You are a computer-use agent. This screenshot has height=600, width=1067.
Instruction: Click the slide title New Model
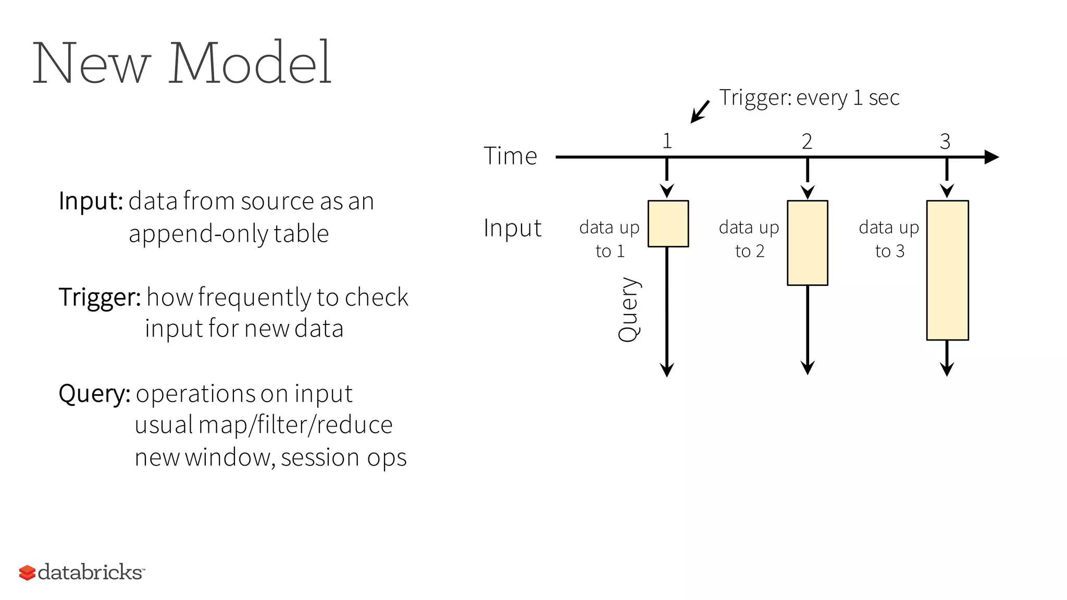coord(182,63)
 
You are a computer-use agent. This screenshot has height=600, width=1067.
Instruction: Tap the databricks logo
coord(82,572)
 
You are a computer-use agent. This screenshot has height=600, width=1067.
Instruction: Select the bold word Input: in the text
coord(91,201)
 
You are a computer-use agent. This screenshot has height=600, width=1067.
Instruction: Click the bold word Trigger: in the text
coord(100,297)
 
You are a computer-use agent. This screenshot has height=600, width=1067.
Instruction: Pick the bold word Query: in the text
coord(94,393)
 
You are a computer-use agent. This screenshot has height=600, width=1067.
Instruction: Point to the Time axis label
coord(510,156)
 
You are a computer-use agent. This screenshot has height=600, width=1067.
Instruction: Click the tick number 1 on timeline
coord(667,141)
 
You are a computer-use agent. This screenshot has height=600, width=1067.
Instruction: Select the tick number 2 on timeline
coord(807,141)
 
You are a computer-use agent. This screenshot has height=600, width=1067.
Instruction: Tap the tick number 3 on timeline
coord(945,141)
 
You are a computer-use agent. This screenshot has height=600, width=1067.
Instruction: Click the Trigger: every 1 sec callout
coord(809,97)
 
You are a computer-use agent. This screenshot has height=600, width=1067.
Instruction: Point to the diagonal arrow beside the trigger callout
coord(700,111)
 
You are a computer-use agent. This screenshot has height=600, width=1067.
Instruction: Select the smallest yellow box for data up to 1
coord(668,223)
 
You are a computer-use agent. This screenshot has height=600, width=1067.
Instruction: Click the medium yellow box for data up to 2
coord(807,243)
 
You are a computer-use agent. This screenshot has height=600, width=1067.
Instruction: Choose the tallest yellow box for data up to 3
coord(947,270)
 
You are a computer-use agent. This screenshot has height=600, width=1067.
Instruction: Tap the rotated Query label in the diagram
coord(628,309)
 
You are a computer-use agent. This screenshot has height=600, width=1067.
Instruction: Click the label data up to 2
coord(749,239)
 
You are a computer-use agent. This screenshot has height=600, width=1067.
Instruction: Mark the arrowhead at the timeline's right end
coord(991,157)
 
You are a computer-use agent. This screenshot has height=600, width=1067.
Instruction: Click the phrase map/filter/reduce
coord(295,424)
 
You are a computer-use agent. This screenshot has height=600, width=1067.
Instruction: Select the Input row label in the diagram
coord(512,228)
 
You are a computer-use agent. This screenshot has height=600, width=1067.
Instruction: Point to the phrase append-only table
coord(229,233)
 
